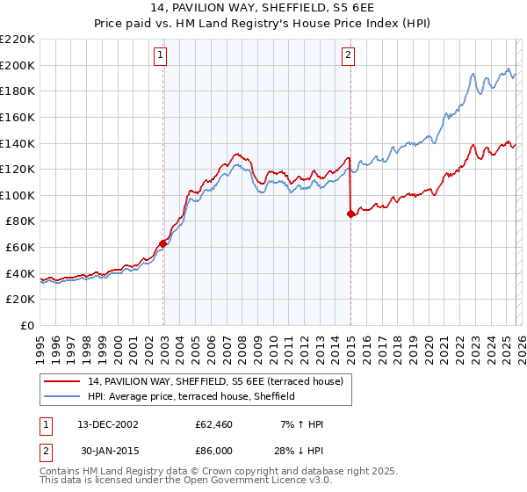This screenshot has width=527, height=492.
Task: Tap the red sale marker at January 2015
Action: point(350,213)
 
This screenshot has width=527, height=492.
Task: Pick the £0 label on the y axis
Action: point(26,325)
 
